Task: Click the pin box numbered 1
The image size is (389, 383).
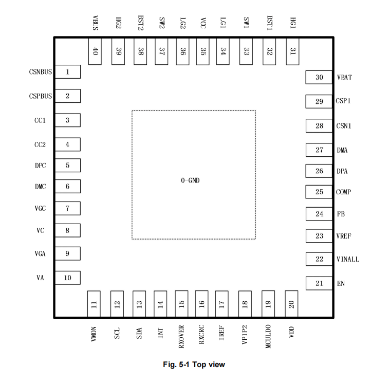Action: click(67, 72)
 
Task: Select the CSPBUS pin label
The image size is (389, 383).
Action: click(41, 96)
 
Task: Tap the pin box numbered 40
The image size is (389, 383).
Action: click(95, 51)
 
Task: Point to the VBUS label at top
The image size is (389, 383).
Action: click(95, 23)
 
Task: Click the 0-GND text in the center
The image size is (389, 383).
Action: click(190, 180)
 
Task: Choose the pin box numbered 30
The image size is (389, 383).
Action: click(319, 77)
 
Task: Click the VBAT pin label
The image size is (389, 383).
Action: click(344, 78)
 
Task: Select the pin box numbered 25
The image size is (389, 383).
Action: click(319, 192)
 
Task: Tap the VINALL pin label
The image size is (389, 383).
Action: click(348, 260)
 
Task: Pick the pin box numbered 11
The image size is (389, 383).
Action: click(94, 304)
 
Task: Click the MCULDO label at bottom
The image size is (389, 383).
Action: click(268, 336)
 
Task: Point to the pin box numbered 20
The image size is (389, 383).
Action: click(291, 304)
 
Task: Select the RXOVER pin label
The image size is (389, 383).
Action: click(181, 337)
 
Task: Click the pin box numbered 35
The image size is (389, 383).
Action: click(202, 51)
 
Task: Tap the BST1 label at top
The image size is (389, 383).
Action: click(270, 23)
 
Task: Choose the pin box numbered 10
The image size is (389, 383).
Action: click(67, 278)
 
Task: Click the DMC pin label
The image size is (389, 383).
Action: click(41, 187)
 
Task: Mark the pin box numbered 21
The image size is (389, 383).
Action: click(319, 283)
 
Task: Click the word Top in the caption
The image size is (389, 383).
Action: click(199, 364)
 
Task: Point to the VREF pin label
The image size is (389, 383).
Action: click(344, 236)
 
